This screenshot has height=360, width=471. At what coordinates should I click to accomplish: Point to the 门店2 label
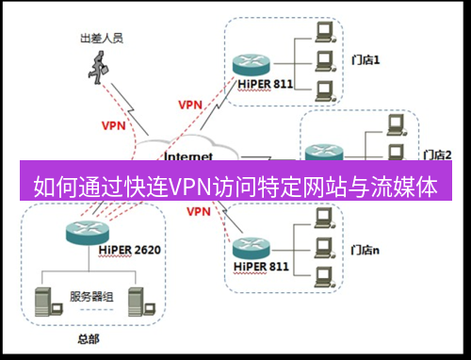click(x=438, y=154)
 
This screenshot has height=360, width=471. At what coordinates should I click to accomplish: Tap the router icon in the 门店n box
click(x=251, y=248)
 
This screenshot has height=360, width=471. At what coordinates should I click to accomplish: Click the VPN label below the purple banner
click(x=199, y=212)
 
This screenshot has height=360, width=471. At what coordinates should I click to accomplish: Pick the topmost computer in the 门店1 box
click(x=325, y=32)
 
